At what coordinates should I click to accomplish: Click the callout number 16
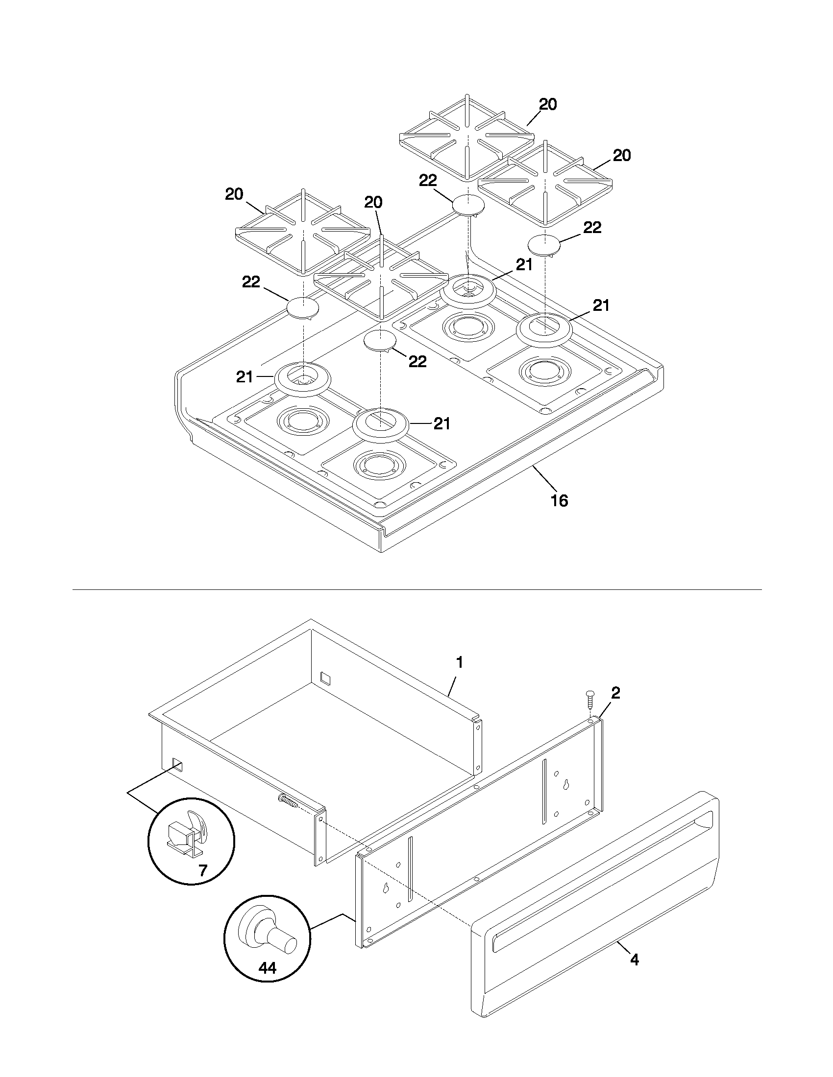559,500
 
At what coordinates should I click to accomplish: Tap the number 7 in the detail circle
203,870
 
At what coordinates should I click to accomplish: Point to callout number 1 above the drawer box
459,662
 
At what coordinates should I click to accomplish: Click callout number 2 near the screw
615,693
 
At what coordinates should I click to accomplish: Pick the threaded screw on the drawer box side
288,801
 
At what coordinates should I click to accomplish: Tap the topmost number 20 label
547,105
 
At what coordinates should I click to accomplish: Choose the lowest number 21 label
441,423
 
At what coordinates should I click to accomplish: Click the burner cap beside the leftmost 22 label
302,308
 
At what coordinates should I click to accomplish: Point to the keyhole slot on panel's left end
385,889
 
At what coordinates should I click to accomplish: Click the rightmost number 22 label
592,228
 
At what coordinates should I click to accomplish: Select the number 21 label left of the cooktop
245,377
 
